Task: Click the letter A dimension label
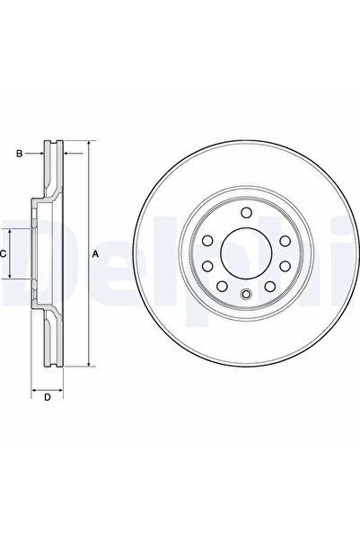point(97,254)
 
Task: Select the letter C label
point(4,254)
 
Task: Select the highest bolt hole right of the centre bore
point(283,241)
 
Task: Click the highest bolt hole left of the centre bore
point(206,240)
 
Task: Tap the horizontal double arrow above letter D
point(48,391)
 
